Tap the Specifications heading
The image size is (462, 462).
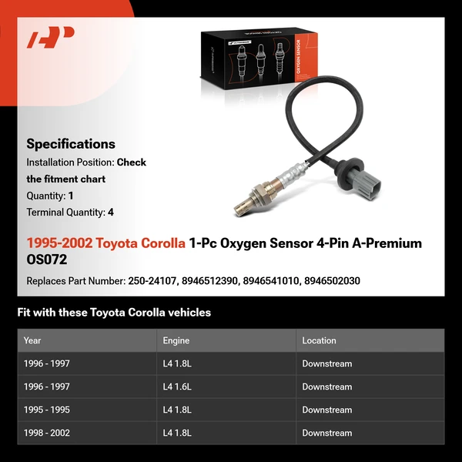71,144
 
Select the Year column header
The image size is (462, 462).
32,340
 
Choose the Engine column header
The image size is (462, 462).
176,340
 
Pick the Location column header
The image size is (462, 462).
319,340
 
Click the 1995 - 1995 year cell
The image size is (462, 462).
46,410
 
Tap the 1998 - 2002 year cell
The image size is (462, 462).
46,433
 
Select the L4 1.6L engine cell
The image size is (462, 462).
177,387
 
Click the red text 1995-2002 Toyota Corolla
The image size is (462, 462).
105,243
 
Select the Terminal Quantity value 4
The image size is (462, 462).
111,213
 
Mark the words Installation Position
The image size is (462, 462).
69,162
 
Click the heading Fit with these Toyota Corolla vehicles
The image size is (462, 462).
114,313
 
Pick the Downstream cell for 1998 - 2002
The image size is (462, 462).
326,433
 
